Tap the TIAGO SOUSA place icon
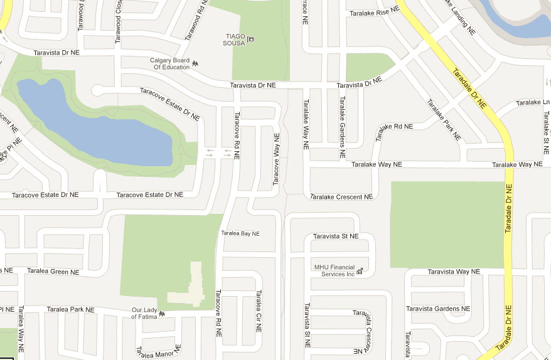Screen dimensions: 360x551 pos(251,40)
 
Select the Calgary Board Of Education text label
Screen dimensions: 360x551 pos(169,63)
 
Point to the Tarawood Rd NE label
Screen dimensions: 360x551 pos(196,20)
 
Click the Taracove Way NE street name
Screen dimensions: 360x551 pos(275,159)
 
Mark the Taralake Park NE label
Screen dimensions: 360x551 pos(444,120)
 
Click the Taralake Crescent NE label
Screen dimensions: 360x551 pos(341,197)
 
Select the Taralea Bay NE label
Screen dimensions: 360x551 pos(240,233)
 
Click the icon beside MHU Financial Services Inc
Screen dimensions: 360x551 pos(360,272)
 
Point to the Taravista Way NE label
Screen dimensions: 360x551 pos(453,272)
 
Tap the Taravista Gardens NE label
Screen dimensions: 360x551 pos(438,309)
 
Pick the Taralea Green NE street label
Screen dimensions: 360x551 pos(53,272)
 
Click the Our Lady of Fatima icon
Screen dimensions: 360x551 pos(162,313)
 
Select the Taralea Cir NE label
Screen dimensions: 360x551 pos(258,310)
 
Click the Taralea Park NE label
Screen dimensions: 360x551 pos(70,309)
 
